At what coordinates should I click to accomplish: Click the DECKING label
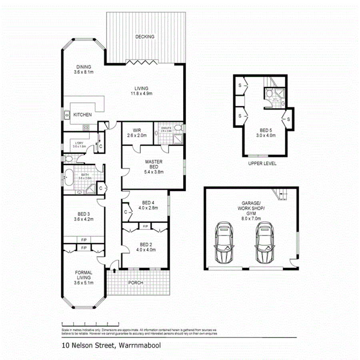pos(144,37)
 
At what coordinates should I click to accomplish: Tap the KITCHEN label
pos(82,115)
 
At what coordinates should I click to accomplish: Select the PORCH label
pos(136,283)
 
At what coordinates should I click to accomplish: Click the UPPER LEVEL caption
pos(262,164)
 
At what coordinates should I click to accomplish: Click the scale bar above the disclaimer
pos(90,323)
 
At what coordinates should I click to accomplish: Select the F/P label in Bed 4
pos(144,226)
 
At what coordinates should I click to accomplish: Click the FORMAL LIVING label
pos(83,278)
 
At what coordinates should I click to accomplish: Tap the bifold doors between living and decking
pos(141,62)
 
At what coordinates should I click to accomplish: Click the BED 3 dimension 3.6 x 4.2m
pos(83,219)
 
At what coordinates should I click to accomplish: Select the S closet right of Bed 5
pos(288,119)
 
